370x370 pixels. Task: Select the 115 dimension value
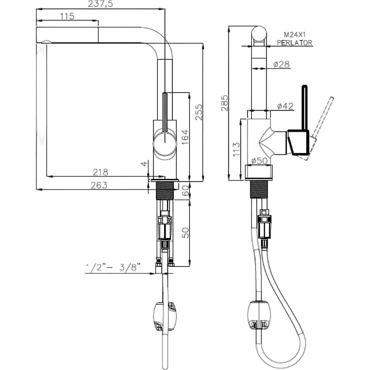pyautogui.click(x=67, y=17)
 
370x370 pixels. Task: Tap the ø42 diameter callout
pyautogui.click(x=285, y=106)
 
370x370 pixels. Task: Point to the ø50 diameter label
pyautogui.click(x=260, y=161)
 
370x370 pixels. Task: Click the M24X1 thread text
pyautogui.click(x=293, y=35)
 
